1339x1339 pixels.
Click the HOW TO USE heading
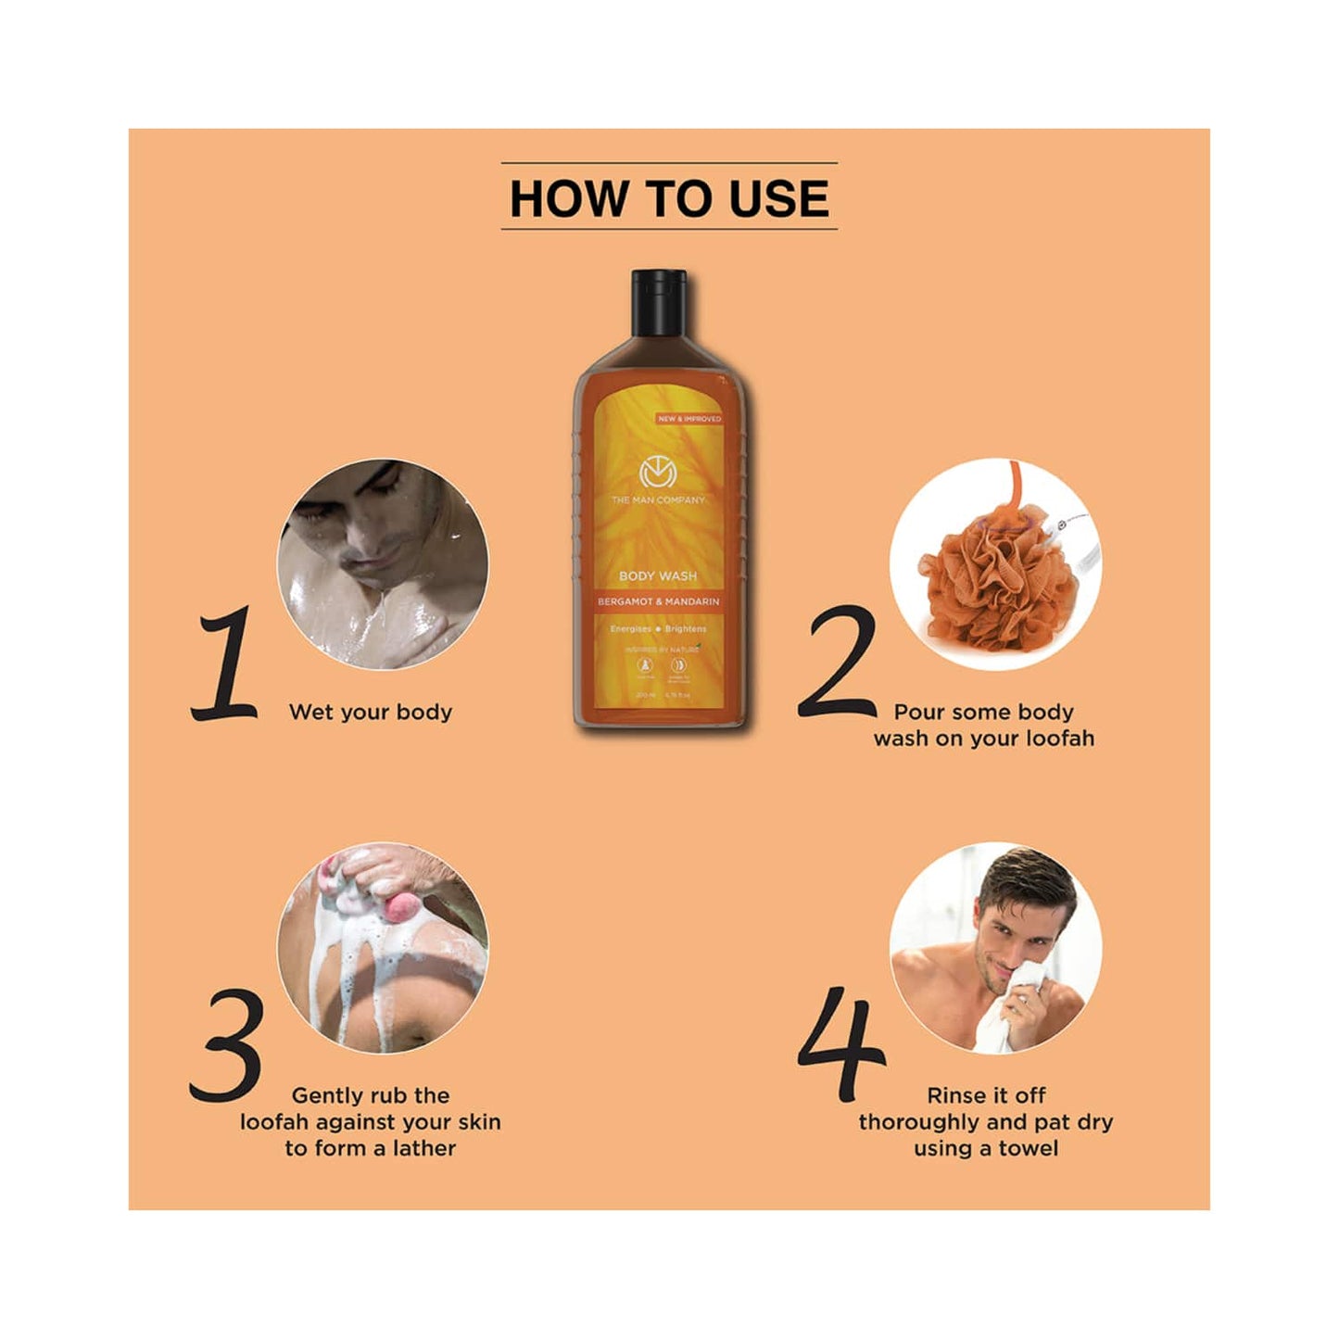(x=669, y=198)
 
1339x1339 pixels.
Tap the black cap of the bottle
(x=659, y=302)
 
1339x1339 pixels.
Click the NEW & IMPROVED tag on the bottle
(x=688, y=419)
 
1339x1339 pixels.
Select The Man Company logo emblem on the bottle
(x=658, y=474)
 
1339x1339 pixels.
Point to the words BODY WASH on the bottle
(x=658, y=575)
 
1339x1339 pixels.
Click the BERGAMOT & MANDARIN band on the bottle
(x=658, y=601)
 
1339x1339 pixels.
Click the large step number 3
(x=227, y=1045)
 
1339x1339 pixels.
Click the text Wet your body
(x=371, y=712)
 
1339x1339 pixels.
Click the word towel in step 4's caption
(x=1028, y=1148)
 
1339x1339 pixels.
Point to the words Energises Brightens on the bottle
(x=658, y=628)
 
